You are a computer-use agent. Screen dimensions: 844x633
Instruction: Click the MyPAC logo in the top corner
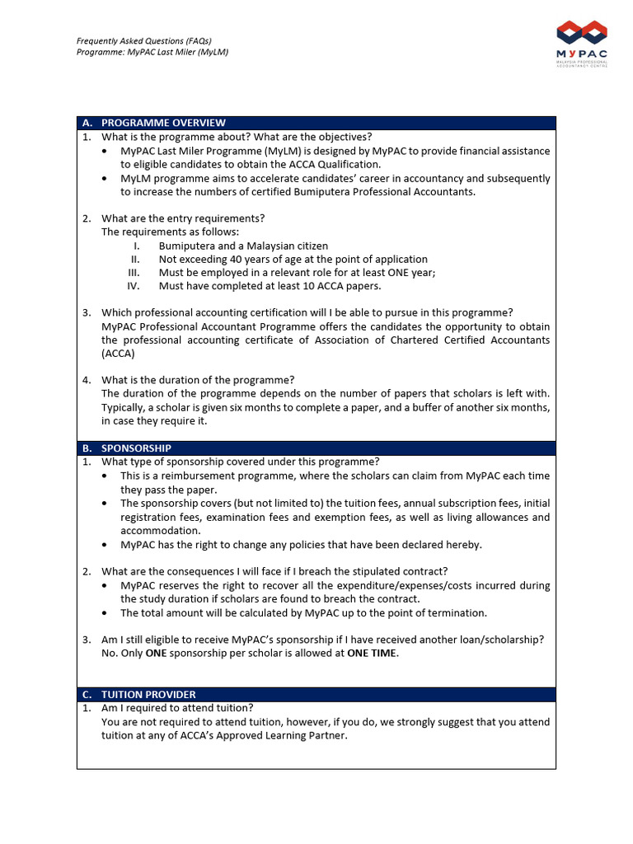(582, 44)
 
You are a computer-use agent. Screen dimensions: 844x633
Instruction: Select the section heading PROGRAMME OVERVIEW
(163, 123)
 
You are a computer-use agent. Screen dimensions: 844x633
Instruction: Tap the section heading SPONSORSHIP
(136, 448)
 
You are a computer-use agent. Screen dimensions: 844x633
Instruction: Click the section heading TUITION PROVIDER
(148, 695)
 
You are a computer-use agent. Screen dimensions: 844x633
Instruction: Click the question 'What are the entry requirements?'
(183, 218)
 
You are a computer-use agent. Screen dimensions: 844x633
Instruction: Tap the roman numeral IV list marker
(134, 287)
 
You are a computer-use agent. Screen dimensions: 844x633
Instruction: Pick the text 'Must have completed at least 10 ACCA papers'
(270, 287)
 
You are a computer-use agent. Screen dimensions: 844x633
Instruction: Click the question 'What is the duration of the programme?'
(198, 380)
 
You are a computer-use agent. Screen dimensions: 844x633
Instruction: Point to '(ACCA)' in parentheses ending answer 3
(118, 354)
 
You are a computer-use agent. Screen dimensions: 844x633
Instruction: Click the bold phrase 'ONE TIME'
(371, 654)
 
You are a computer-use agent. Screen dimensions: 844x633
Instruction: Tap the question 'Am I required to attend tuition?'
(177, 708)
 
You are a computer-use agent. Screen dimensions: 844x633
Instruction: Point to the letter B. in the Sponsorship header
(87, 448)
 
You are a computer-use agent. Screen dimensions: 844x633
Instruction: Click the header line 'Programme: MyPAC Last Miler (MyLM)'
(152, 52)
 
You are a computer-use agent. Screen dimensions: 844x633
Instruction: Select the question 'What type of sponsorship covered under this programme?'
(241, 462)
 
